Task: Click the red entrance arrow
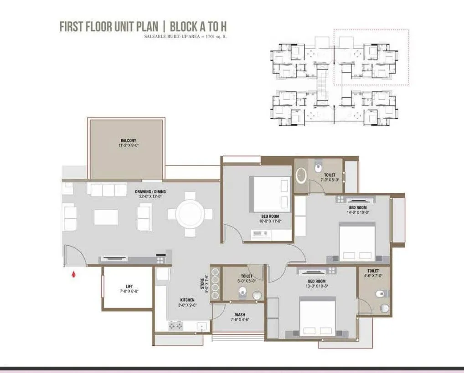[74, 274]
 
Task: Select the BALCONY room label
[129, 141]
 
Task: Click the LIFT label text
[129, 286]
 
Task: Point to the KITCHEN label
[187, 300]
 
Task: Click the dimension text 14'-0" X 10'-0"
[358, 212]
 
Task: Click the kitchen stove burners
[175, 326]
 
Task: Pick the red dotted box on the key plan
[371, 57]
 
